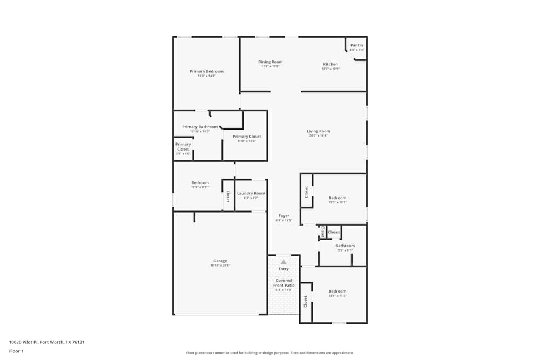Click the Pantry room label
pyautogui.click(x=357, y=46)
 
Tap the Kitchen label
pyautogui.click(x=330, y=64)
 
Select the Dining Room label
pyautogui.click(x=270, y=62)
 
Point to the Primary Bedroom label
pyautogui.click(x=206, y=71)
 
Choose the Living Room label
pyautogui.click(x=318, y=131)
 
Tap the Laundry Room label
pyautogui.click(x=251, y=193)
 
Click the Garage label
pyautogui.click(x=220, y=261)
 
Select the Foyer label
pyautogui.click(x=283, y=216)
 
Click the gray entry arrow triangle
pyautogui.click(x=283, y=262)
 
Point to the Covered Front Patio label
pyautogui.click(x=283, y=283)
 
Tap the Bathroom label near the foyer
pyautogui.click(x=345, y=246)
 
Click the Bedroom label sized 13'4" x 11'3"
pyautogui.click(x=337, y=291)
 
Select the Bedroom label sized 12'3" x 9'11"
pyautogui.click(x=200, y=183)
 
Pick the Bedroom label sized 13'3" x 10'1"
pyautogui.click(x=337, y=198)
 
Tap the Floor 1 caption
pyautogui.click(x=16, y=351)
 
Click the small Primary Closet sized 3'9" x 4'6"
pyautogui.click(x=183, y=147)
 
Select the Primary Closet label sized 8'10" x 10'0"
pyautogui.click(x=247, y=137)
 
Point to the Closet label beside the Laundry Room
pyautogui.click(x=228, y=196)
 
